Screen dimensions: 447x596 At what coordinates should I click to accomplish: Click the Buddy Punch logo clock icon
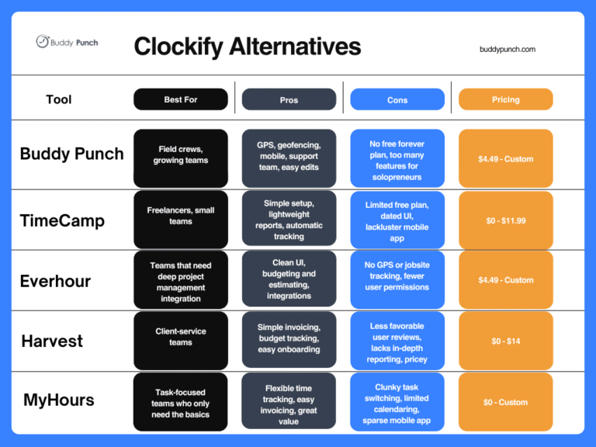click(42, 42)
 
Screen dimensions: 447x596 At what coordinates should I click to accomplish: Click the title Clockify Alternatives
click(247, 47)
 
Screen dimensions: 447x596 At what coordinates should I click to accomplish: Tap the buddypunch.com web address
click(508, 49)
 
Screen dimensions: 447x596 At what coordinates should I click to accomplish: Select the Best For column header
click(181, 99)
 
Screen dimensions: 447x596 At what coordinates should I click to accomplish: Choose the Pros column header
click(289, 99)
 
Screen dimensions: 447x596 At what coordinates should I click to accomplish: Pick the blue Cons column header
click(397, 99)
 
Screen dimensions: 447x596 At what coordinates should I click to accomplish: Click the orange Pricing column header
click(505, 99)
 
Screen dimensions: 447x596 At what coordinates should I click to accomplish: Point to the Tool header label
click(59, 99)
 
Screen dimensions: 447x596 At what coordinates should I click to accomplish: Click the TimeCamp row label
click(62, 220)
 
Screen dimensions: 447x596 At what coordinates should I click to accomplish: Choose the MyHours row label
click(59, 400)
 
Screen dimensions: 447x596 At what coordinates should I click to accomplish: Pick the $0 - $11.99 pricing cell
click(505, 220)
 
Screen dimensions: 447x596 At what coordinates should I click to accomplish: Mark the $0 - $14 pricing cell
click(505, 341)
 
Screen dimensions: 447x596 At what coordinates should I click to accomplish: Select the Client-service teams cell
click(181, 337)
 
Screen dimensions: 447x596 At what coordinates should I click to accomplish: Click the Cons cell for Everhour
click(397, 276)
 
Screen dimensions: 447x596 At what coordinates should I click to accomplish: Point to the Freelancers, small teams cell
click(181, 215)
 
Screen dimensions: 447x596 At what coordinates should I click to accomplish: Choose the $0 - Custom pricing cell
click(505, 402)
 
